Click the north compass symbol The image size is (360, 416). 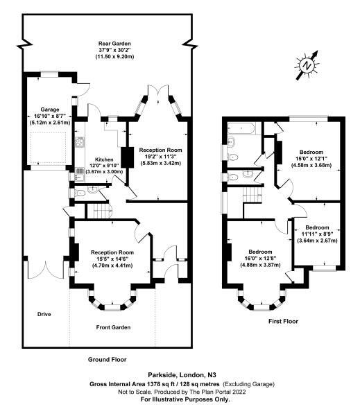[x=307, y=65]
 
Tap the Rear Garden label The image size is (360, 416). [x=114, y=44]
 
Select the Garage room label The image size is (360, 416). [x=50, y=110]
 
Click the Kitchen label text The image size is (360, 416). [x=104, y=159]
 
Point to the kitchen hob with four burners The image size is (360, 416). [x=79, y=142]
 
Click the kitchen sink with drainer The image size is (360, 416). [x=79, y=174]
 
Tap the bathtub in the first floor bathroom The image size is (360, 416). [x=241, y=129]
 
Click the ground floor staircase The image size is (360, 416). [x=102, y=211]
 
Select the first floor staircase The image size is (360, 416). [x=252, y=195]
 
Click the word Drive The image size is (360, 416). [x=44, y=314]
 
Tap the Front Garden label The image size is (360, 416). [x=113, y=327]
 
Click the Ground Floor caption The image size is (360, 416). [x=108, y=359]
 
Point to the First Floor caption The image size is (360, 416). [x=283, y=321]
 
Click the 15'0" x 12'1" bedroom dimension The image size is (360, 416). [x=311, y=159]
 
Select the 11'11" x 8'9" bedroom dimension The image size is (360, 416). [x=317, y=234]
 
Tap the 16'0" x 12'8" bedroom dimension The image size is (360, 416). [x=260, y=258]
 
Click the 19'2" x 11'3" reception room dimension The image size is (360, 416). [x=161, y=157]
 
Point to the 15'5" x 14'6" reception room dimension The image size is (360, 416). [x=112, y=259]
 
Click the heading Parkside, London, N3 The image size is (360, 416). [x=182, y=375]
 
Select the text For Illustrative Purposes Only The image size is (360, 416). [x=185, y=399]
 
